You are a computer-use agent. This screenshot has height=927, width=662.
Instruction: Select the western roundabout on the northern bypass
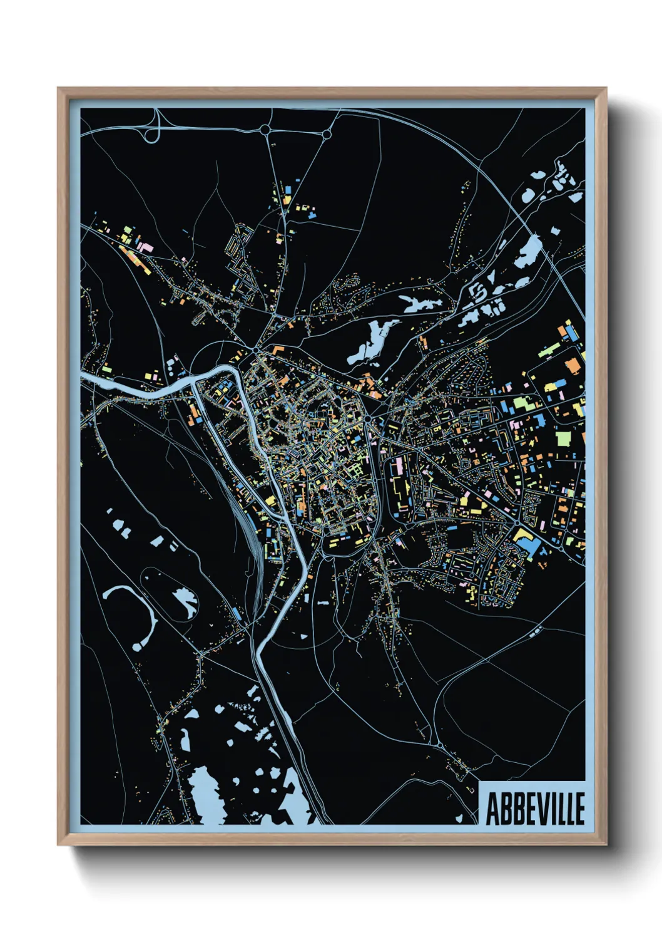265,130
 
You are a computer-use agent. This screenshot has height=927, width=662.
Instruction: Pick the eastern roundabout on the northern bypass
326,133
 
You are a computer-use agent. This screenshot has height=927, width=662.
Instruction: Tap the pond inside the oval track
184,599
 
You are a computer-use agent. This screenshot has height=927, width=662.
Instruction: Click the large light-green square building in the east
563,438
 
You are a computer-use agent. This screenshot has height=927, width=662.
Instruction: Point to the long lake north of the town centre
374,341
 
